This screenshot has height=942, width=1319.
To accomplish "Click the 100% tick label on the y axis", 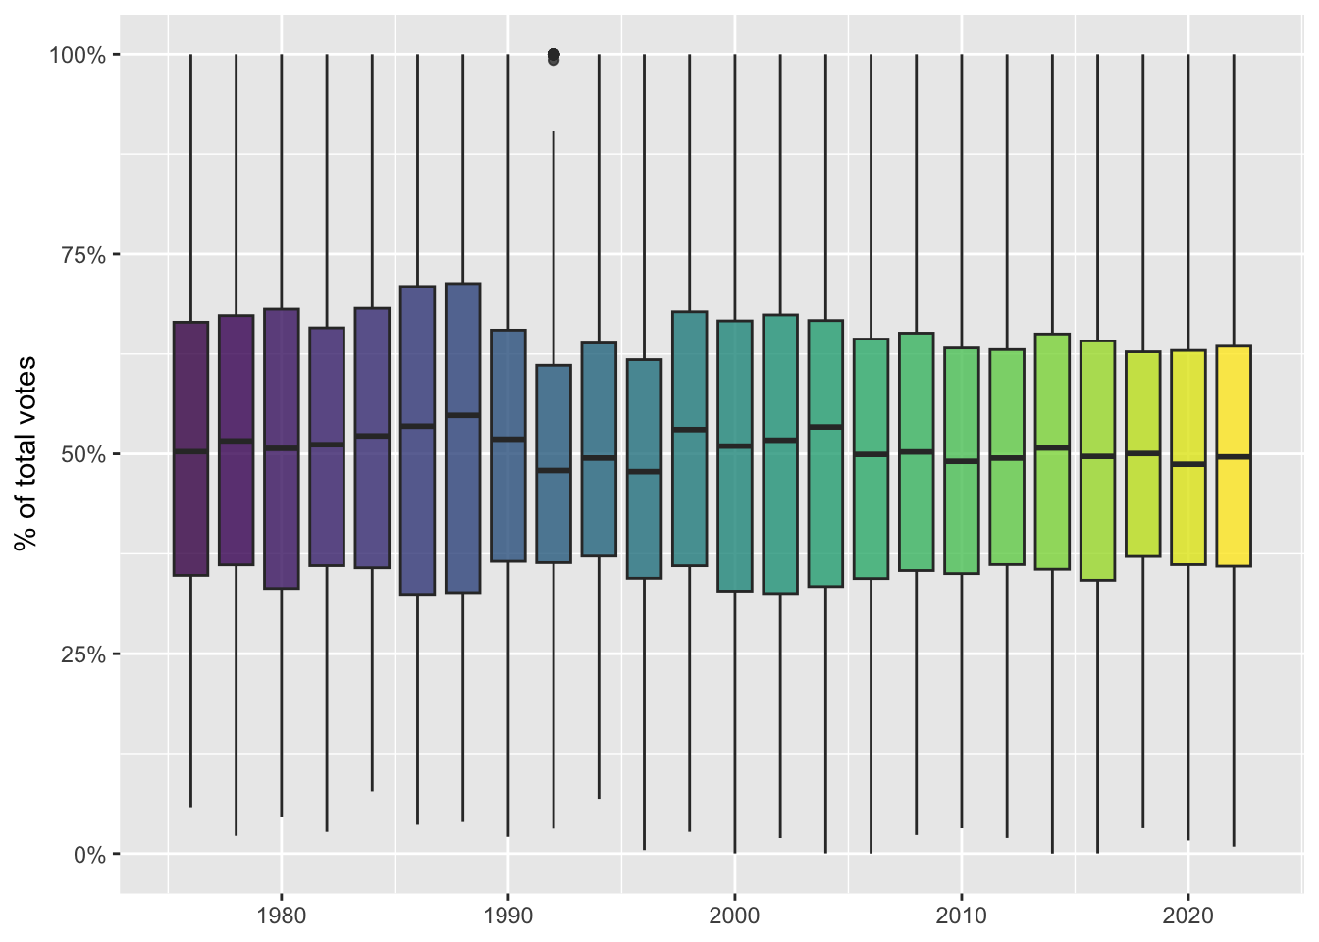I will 78,55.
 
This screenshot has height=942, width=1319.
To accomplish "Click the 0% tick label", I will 89,855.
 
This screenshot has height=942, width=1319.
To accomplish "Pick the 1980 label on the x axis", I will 282,916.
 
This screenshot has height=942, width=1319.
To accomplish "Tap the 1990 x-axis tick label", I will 508,916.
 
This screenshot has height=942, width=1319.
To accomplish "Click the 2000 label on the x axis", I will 735,916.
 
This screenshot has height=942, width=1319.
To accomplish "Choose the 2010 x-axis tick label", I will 962,916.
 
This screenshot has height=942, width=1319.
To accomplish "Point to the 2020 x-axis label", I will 1188,916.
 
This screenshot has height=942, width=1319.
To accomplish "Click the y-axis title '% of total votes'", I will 26,453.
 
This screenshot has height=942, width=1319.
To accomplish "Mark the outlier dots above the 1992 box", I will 554,56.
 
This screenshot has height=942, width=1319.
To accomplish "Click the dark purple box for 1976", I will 190,510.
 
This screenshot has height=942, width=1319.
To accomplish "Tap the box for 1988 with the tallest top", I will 463,491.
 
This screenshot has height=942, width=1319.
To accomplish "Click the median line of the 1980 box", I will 282,447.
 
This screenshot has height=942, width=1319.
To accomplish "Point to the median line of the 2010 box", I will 962,461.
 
